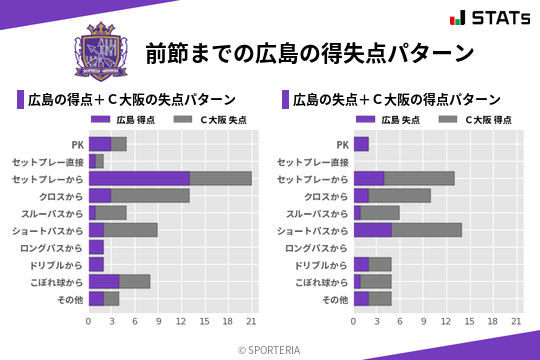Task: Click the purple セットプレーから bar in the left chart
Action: (139, 178)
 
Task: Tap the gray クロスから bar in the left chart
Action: (150, 195)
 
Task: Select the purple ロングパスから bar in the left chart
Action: (96, 247)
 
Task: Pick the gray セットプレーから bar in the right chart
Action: (419, 178)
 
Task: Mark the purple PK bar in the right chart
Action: (361, 144)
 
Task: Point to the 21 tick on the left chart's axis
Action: (251, 322)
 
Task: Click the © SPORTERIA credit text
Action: (270, 349)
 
